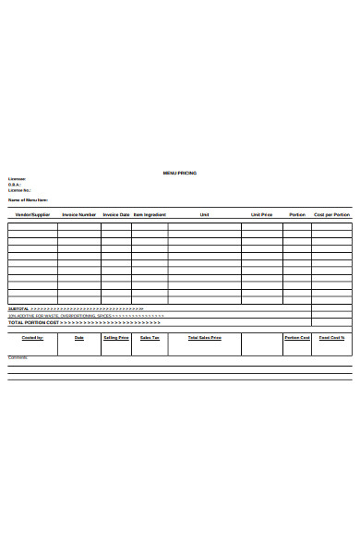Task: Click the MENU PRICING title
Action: pos(179,173)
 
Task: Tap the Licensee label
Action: pos(18,179)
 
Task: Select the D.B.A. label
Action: pos(15,185)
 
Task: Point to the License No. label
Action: pos(19,190)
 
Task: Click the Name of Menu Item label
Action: pos(29,199)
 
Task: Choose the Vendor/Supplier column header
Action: pos(32,214)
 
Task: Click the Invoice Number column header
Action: pos(79,214)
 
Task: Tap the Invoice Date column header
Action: pos(116,214)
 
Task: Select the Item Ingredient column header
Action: pos(150,214)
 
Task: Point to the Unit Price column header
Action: pos(262,214)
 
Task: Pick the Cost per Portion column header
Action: pos(331,214)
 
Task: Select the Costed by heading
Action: pos(32,337)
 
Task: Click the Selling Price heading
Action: pos(116,337)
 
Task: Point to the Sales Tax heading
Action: pos(150,337)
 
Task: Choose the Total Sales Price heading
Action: pos(204,337)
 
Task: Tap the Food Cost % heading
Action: pos(331,337)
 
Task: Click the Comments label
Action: pos(18,357)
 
